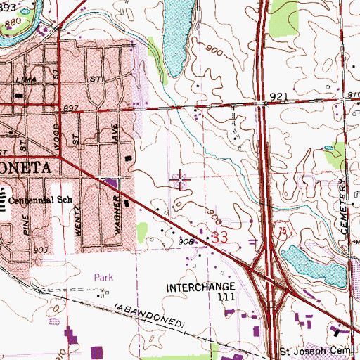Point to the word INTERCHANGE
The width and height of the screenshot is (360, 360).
pos(199,288)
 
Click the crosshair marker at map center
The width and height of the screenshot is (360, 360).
pos(181,181)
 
